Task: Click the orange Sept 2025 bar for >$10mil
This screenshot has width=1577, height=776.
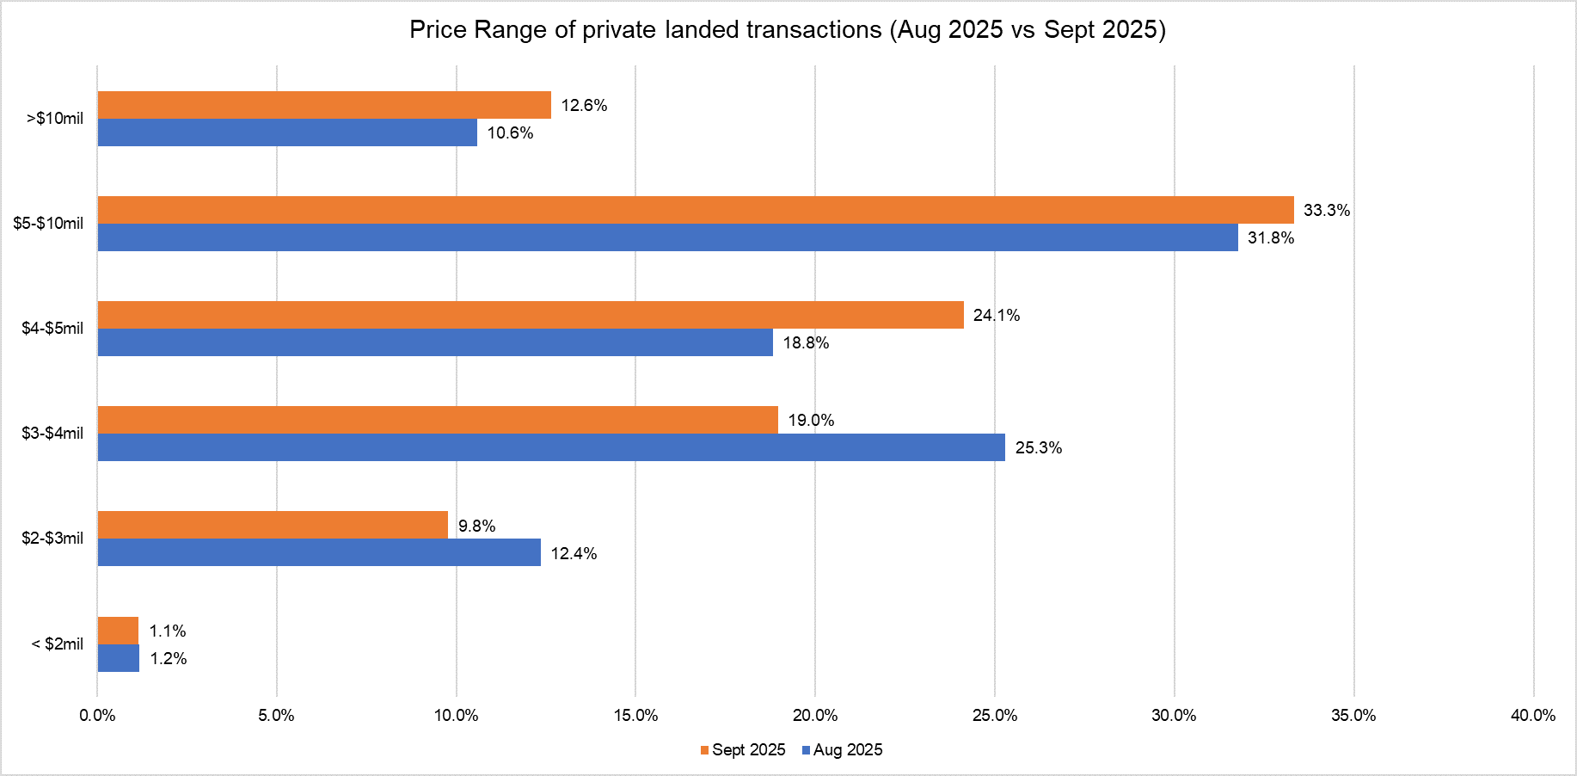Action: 324,105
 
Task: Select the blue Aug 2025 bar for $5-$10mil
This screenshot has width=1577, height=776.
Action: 667,237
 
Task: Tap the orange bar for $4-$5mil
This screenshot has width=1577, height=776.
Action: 531,315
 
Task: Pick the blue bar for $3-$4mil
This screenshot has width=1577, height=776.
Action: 551,447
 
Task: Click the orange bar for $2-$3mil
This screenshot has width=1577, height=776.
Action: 273,525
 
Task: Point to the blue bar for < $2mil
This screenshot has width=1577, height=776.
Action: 119,658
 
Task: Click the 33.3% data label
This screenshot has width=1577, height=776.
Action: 1327,210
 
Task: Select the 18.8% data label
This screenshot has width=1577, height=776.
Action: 806,342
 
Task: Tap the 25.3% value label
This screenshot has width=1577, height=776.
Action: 1039,447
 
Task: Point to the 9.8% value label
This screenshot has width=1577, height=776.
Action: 476,526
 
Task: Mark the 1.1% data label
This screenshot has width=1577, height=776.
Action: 168,631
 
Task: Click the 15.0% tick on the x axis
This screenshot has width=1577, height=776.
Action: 635,716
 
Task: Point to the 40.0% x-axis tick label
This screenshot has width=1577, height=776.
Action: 1533,716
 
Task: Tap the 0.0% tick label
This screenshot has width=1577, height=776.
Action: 97,716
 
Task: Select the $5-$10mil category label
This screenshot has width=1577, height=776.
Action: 48,224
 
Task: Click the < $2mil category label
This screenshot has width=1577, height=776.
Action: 58,644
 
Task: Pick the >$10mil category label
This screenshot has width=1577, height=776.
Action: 55,119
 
